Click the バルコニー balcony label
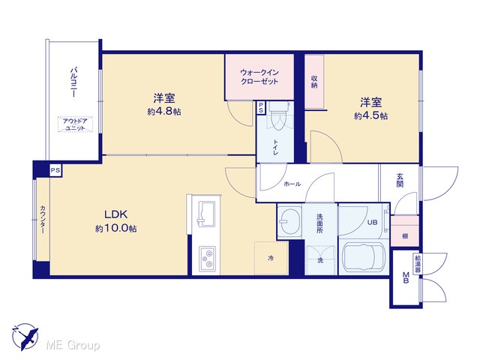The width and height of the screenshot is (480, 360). coord(73,82)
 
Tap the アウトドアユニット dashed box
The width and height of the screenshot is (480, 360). coord(75,124)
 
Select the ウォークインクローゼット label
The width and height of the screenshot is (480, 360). coord(259,76)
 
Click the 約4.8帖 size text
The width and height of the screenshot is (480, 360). coord(164,112)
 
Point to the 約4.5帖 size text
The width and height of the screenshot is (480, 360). coord(370,115)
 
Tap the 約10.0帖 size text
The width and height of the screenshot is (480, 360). coord(115,228)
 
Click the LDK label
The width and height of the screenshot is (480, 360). coord(116,214)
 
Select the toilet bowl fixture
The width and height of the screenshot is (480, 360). coord(279,116)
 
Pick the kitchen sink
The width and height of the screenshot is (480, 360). coord(206,214)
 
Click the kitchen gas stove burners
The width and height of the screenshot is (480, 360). coord(207,259)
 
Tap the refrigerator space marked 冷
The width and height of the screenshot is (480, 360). coord(271,258)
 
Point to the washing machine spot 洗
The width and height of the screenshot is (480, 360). coord(320,260)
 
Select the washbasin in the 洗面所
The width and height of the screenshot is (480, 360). coord(289,221)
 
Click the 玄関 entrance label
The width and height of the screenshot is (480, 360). coord(400,180)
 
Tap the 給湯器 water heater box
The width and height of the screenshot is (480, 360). coord(418,264)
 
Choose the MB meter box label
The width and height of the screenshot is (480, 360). coord(406,278)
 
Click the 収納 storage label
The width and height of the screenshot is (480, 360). coord(314,82)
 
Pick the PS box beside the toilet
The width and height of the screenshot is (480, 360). coord(261,108)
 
